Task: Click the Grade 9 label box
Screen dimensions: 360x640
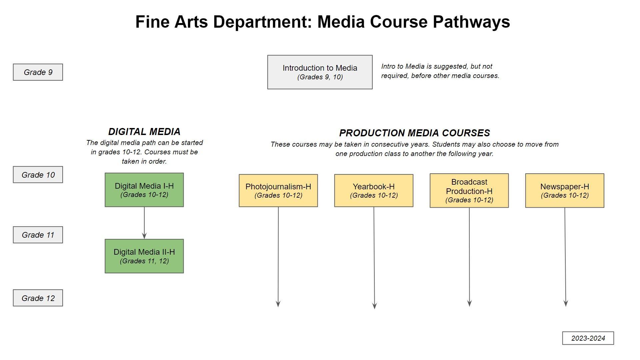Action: point(38,72)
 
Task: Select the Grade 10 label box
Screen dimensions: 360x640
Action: point(38,175)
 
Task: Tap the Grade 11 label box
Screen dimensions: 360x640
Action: point(38,235)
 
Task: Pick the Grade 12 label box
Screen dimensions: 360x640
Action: point(38,298)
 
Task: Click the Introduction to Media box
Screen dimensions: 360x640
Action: point(320,72)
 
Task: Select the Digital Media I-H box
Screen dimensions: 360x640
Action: point(144,190)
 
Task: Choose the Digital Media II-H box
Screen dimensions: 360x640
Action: point(144,256)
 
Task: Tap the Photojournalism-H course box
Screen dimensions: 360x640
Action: point(278,190)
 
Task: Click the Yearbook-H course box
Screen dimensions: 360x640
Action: point(374,190)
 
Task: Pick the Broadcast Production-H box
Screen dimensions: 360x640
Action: point(469,190)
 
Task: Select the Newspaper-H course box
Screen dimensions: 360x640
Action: point(564,190)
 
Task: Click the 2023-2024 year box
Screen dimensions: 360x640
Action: point(588,338)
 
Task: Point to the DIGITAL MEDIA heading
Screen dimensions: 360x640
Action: point(144,132)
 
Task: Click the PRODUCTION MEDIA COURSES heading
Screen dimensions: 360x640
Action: point(414,133)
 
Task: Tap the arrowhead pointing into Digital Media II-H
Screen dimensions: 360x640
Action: point(144,236)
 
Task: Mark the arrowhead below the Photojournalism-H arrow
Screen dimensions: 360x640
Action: point(278,304)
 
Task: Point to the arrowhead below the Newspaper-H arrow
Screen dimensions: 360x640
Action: point(566,303)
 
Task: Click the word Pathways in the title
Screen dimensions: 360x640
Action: point(471,22)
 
